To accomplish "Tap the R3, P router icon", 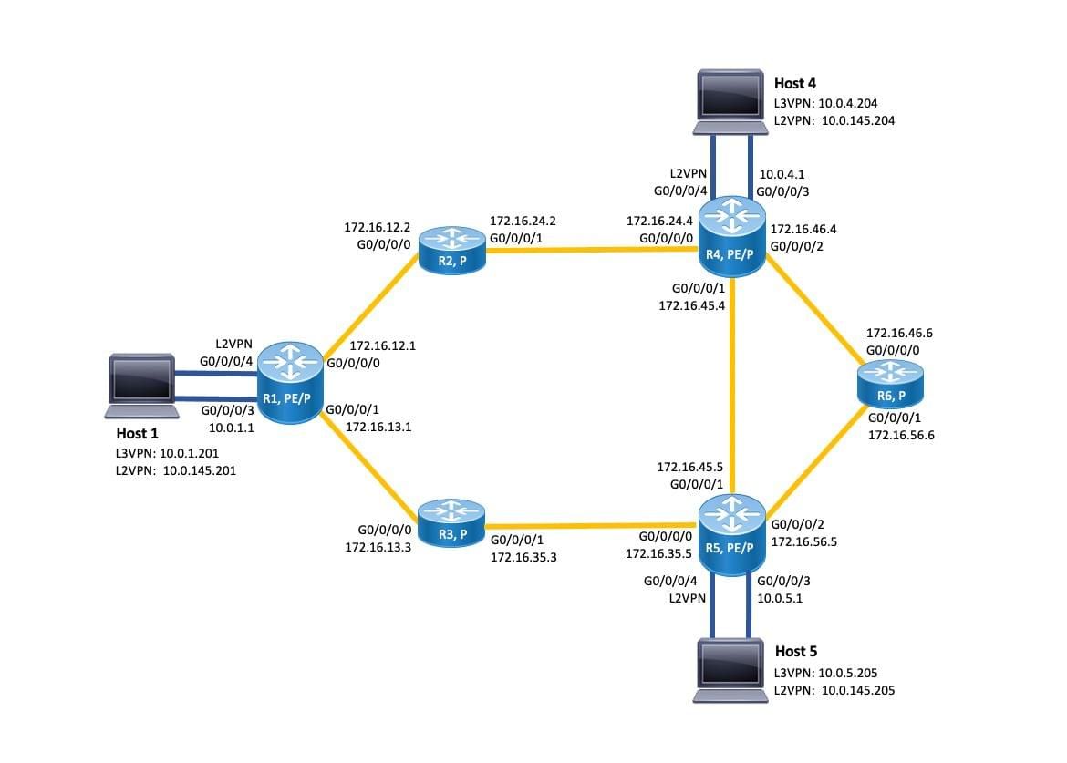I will [452, 522].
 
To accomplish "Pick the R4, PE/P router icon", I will [732, 239].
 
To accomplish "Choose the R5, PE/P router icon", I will [732, 537].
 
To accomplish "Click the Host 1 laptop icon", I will [140, 380].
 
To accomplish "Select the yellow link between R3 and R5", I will [593, 525].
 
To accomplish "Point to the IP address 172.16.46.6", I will [899, 335].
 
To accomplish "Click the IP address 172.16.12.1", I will [383, 346].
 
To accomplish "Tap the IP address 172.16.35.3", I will [523, 554].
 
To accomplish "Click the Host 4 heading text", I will [795, 84].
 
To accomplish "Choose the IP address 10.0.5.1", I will [780, 599].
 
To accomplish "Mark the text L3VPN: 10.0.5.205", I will [825, 673].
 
